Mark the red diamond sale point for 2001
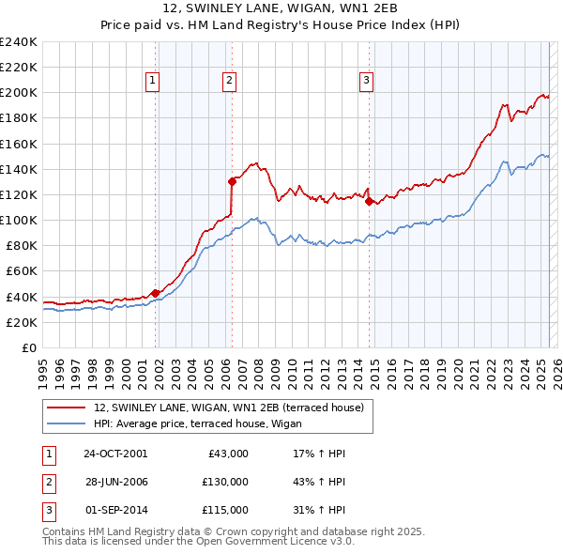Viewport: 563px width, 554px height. pos(155,293)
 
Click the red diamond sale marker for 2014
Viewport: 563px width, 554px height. pos(369,200)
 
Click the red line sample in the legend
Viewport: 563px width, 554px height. pos(67,408)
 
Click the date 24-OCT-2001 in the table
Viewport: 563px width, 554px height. pos(115,454)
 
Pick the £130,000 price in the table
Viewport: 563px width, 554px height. pos(225,482)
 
